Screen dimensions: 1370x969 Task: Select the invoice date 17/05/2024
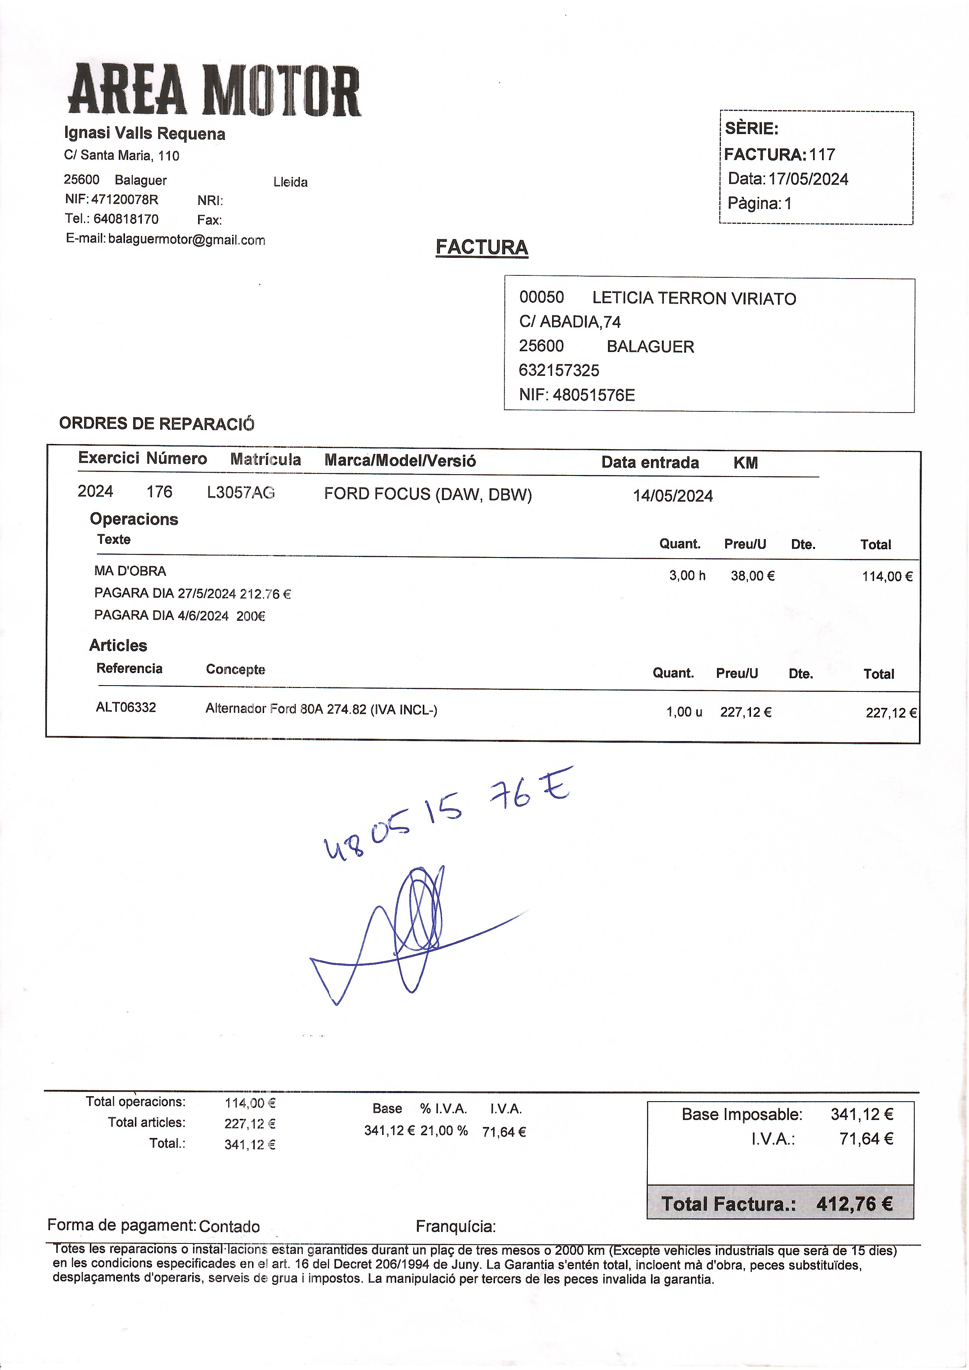pos(808,179)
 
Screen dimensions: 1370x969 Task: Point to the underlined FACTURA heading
pos(481,247)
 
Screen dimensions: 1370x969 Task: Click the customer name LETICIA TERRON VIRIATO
pos(694,298)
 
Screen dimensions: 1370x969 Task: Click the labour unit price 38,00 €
pos(753,576)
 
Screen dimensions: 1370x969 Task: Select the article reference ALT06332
pos(126,708)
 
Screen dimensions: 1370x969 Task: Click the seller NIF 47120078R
pos(124,199)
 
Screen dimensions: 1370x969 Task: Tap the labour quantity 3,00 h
pos(687,576)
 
